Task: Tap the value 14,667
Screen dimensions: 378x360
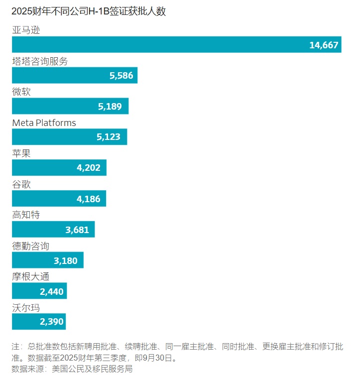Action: point(324,45)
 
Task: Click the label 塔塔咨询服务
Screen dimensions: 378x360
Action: point(40,61)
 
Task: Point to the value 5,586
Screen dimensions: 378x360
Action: point(122,76)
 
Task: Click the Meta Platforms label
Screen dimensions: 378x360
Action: point(44,123)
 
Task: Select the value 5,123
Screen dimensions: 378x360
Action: point(109,137)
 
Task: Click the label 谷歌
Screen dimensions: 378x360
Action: point(21,184)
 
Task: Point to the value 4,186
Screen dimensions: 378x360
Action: point(89,199)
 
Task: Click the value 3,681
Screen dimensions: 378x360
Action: point(77,230)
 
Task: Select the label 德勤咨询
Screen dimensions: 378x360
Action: point(31,246)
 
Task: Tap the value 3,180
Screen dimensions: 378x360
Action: point(66,260)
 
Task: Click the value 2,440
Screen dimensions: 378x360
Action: point(52,291)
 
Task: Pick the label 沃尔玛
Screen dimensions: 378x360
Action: point(26,308)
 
